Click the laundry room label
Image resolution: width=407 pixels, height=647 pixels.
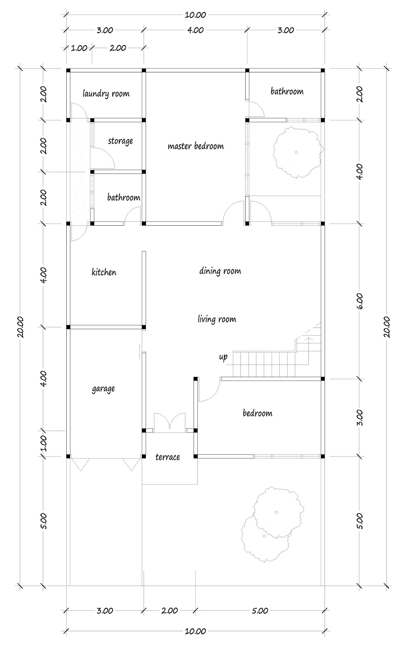106,94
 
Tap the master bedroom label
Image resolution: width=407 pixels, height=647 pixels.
196,146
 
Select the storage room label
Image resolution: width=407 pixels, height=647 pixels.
120,141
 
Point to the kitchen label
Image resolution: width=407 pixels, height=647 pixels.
104,272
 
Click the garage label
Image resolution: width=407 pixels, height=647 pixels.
103,389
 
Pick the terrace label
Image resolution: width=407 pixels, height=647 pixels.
168,457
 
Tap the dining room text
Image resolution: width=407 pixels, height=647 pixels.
220,271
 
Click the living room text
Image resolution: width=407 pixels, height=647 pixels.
217,319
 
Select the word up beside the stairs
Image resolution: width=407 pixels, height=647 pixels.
223,357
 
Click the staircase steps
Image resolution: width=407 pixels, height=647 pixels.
265,364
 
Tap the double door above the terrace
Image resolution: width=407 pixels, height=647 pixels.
170,422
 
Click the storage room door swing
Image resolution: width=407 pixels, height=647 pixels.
103,158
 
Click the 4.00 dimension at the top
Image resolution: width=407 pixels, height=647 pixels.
196,30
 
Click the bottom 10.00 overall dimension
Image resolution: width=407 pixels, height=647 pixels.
196,631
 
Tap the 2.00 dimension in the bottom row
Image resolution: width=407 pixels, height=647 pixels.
169,611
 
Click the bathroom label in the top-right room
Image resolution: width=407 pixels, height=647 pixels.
287,91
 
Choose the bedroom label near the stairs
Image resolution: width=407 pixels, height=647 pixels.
257,413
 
